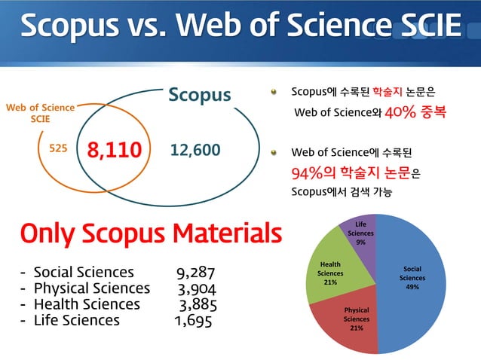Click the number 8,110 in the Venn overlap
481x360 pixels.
pyautogui.click(x=115, y=150)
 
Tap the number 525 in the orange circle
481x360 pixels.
pyautogui.click(x=58, y=149)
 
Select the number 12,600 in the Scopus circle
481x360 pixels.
pyautogui.click(x=195, y=150)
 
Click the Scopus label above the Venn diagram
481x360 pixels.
pyautogui.click(x=199, y=95)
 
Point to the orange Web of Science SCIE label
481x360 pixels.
pyautogui.click(x=40, y=113)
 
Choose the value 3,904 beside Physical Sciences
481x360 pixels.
pyautogui.click(x=197, y=288)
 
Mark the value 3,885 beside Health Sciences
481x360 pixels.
pyautogui.click(x=198, y=304)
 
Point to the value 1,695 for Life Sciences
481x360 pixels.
pyautogui.click(x=192, y=321)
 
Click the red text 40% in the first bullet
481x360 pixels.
pyautogui.click(x=398, y=113)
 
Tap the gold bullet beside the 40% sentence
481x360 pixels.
pyautogui.click(x=275, y=93)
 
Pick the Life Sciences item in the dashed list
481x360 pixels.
pyautogui.click(x=76, y=321)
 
